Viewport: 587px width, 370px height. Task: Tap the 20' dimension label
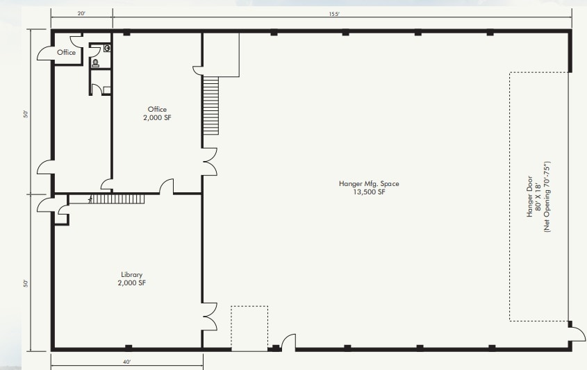tap(81, 13)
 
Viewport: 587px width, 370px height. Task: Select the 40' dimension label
tap(126, 362)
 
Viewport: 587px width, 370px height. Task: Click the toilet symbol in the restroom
tap(95, 62)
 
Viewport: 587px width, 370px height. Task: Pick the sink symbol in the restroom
tap(107, 49)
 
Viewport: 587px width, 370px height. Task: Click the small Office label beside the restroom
tap(67, 52)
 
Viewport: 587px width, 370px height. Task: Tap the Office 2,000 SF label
tap(157, 113)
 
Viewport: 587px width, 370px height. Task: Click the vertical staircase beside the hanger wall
tap(210, 106)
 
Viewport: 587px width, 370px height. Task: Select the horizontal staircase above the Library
tap(118, 199)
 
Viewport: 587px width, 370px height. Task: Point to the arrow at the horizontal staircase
tap(90, 199)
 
